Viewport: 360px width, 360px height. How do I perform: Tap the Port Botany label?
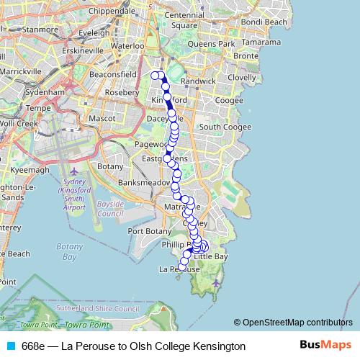(148, 231)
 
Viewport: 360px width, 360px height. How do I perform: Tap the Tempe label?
(36, 108)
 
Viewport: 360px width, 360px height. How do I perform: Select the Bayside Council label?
(110, 209)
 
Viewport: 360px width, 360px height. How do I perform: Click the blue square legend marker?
(10, 346)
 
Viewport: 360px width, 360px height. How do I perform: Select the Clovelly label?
(240, 77)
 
